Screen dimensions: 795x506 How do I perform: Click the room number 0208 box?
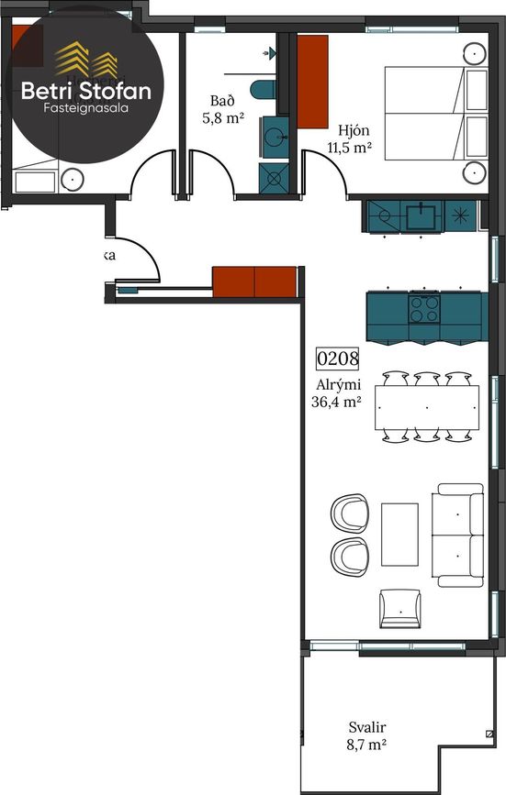pos(337,358)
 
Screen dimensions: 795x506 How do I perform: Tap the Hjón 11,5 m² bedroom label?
pos(350,137)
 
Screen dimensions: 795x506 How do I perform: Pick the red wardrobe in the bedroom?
pos(313,83)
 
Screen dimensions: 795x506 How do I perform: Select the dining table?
pos(426,407)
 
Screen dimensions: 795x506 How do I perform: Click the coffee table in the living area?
pos(399,534)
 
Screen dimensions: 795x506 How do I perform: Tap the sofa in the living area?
pos(460,535)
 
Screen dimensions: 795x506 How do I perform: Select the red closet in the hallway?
pos(254,282)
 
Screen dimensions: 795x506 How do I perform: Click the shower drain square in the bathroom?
pos(275,178)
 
